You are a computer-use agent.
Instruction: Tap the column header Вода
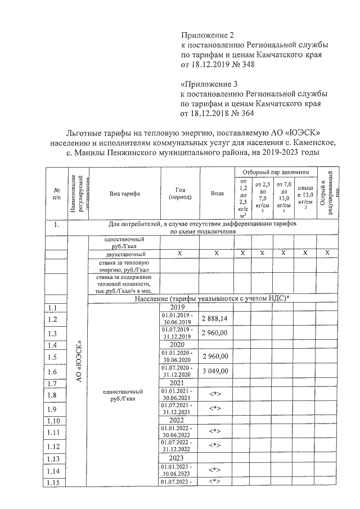(x=217, y=193)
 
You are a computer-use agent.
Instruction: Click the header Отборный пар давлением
(x=276, y=171)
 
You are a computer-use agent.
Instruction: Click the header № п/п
(x=57, y=193)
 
